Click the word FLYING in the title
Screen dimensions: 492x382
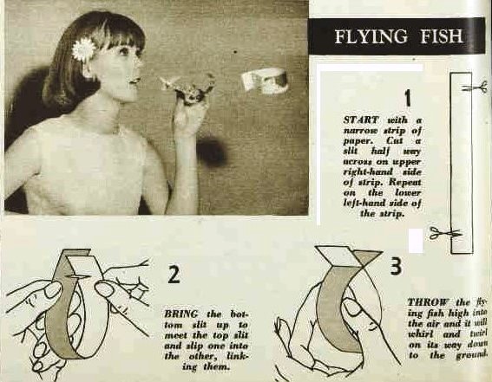click(371, 36)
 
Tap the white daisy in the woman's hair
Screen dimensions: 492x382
click(81, 49)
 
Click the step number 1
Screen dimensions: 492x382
click(408, 98)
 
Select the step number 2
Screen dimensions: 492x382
click(174, 274)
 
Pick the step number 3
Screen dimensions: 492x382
click(397, 266)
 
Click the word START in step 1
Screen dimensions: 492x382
click(361, 120)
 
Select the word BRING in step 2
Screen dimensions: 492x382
click(181, 314)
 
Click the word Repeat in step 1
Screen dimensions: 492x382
click(405, 182)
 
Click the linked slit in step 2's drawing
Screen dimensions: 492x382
click(77, 276)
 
